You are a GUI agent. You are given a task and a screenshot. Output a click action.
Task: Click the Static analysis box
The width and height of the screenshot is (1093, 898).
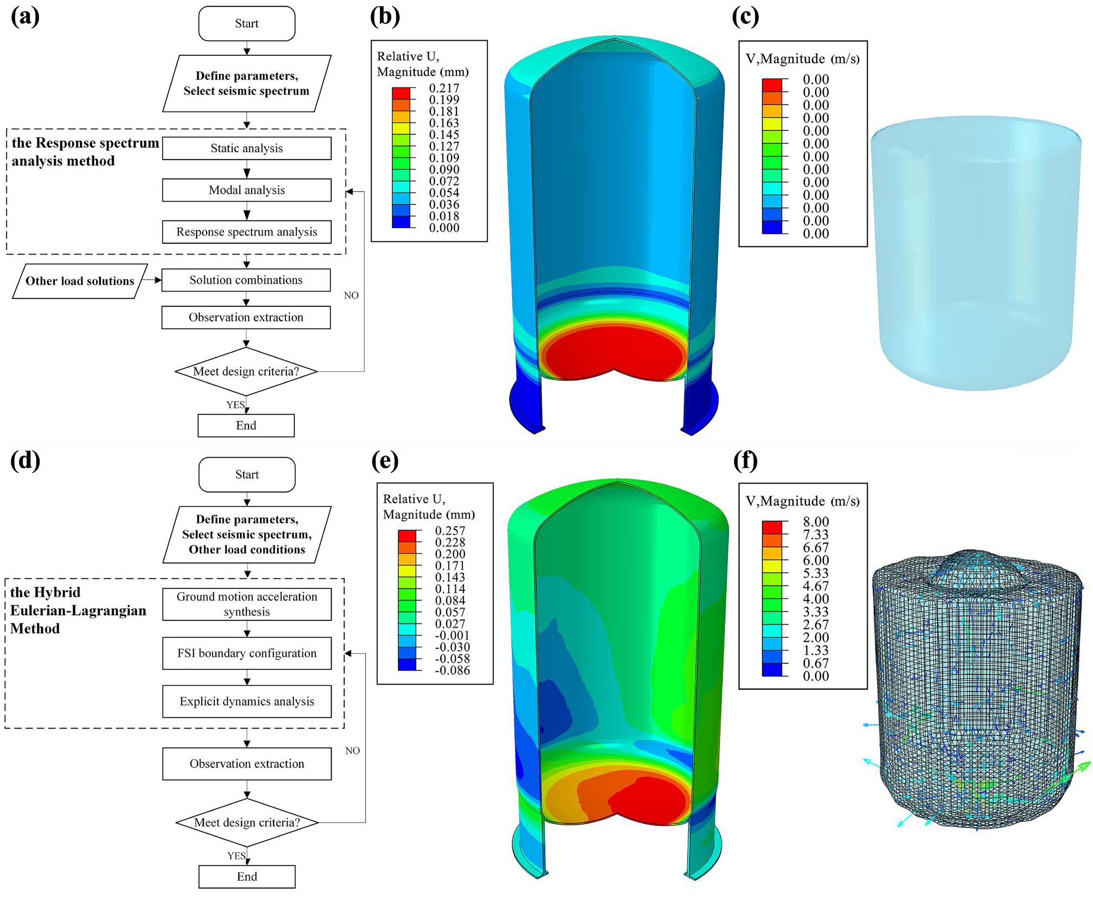point(246,148)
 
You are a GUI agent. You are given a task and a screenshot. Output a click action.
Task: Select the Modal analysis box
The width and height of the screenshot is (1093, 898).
point(246,190)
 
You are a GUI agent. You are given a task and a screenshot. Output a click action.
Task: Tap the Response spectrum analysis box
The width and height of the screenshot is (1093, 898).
point(246,232)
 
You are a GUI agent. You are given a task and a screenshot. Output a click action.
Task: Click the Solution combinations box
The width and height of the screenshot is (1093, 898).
point(246,280)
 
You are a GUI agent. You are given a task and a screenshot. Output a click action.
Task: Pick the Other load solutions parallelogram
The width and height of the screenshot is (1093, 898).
point(80,281)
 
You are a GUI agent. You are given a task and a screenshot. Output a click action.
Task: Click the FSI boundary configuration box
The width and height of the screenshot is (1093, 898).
point(247,653)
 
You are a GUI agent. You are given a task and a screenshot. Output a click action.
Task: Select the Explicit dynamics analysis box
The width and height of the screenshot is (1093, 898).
point(247,701)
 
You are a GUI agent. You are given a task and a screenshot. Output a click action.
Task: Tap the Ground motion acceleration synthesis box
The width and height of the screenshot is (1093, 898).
point(247,604)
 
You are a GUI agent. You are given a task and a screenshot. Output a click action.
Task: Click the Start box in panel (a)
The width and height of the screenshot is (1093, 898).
point(247,23)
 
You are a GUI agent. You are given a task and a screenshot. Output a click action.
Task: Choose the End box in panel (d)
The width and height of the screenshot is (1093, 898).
point(247,876)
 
